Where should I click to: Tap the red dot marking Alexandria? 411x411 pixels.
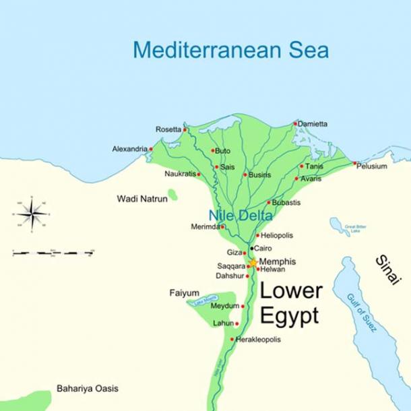click(x=151, y=149)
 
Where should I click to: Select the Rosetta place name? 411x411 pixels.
click(x=168, y=129)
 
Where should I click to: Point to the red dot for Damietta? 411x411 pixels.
click(x=295, y=123)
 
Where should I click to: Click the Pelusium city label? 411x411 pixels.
click(x=373, y=166)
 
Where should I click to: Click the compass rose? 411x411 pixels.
click(x=32, y=215)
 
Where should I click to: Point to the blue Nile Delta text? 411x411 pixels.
click(x=241, y=216)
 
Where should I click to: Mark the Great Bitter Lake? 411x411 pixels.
click(x=340, y=226)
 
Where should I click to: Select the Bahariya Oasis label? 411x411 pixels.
click(x=87, y=389)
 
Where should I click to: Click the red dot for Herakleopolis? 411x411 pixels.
click(x=232, y=339)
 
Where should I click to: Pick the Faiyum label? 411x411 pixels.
click(x=184, y=293)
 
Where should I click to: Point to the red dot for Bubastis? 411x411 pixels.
click(x=269, y=202)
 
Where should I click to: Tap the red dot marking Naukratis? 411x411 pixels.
click(x=199, y=174)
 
